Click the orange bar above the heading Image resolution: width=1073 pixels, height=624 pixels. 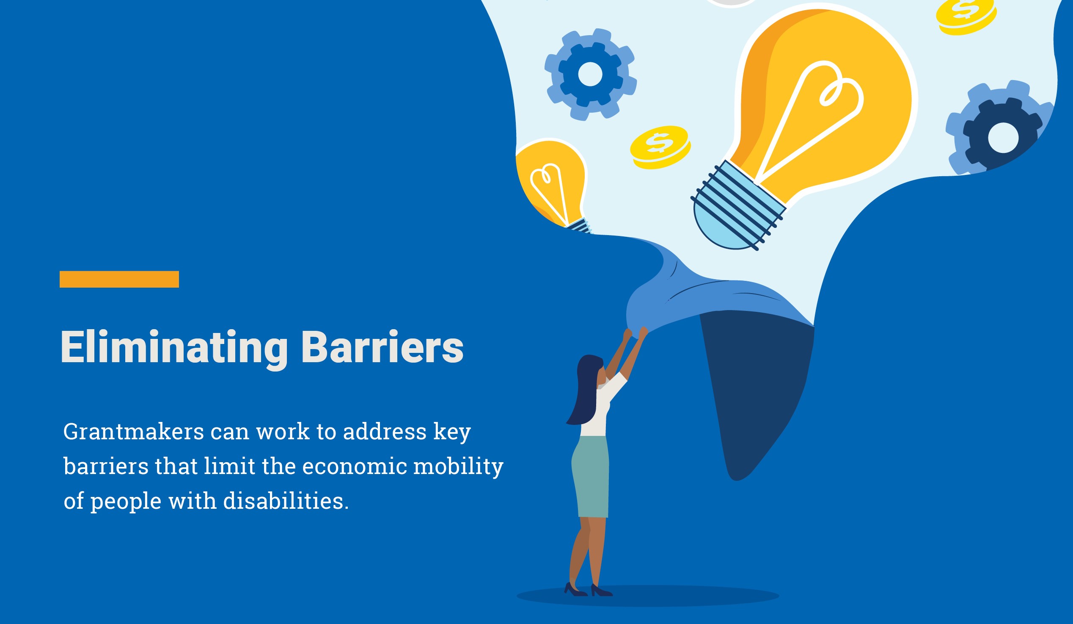119,279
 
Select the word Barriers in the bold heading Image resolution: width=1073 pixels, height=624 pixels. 382,347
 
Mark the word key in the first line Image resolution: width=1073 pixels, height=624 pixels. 452,433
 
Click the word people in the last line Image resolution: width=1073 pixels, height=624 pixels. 126,502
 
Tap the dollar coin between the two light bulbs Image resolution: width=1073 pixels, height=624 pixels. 660,147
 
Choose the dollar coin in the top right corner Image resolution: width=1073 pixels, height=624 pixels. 966,16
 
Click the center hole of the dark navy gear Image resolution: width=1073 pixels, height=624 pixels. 1003,138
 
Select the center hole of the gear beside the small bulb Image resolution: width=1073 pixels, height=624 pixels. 590,74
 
